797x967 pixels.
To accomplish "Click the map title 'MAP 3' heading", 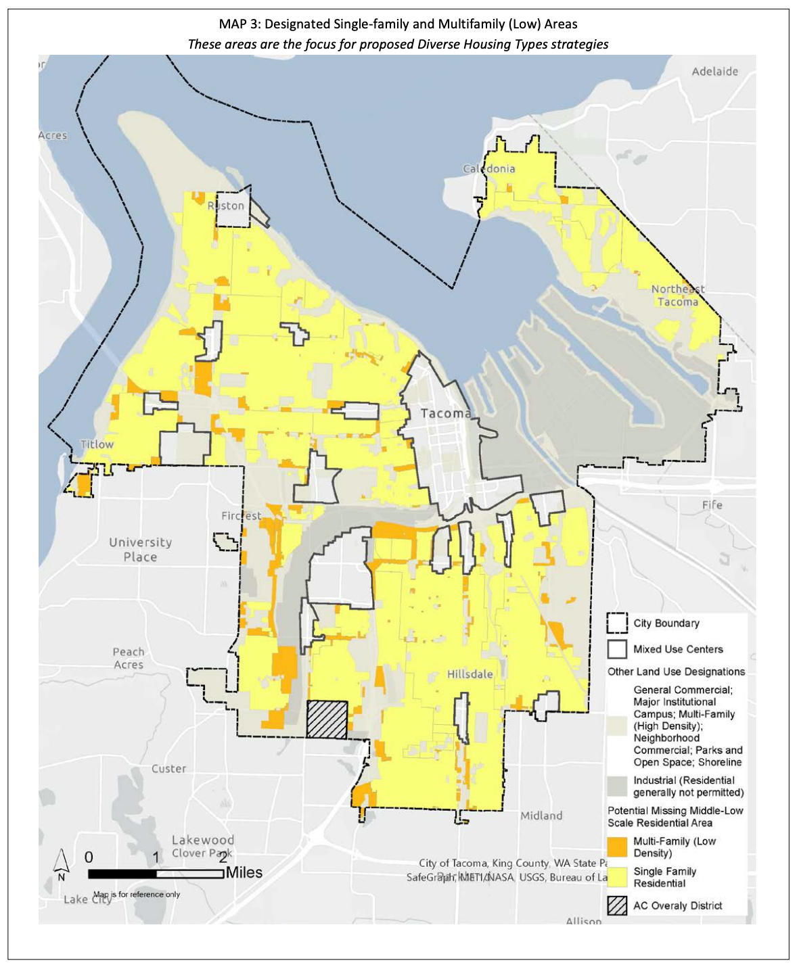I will tap(398, 24).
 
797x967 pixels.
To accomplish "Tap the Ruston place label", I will tap(226, 206).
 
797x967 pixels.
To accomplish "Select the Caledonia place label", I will tap(488, 168).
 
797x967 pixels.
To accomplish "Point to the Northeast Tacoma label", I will tap(678, 296).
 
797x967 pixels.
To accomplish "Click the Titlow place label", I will tap(97, 444).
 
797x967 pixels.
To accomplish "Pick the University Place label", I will tap(141, 550).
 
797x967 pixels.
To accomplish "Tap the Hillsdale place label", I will tap(470, 674).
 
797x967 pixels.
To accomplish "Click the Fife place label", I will tap(712, 504).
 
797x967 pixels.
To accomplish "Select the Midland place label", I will tap(541, 816).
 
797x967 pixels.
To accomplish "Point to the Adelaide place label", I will tap(714, 71).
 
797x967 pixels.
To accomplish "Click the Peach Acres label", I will tap(129, 658).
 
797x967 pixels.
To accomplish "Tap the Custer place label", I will tap(168, 769).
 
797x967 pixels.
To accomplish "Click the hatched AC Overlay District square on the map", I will tap(327, 719).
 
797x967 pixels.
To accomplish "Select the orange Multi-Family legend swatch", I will tap(617, 847).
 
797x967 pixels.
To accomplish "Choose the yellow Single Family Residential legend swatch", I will tap(617, 877).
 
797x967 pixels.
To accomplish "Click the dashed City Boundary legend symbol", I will tap(617, 623).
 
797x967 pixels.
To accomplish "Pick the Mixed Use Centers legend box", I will tap(617, 649).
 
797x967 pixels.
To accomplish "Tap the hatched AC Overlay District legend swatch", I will tap(617, 905).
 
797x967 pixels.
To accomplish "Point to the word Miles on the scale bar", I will tap(244, 872).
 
